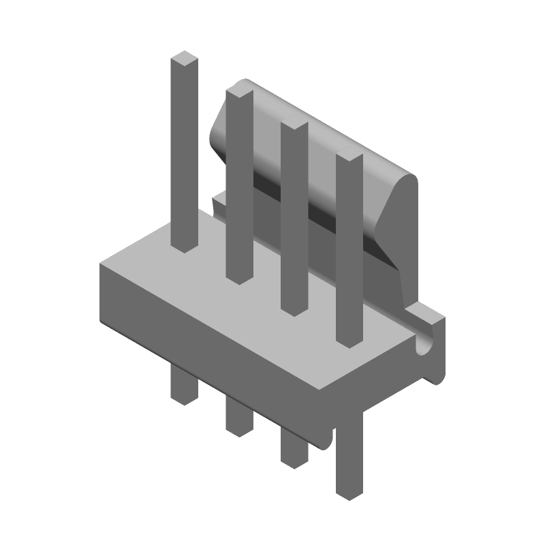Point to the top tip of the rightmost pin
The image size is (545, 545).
click(x=349, y=157)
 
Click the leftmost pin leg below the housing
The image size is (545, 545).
click(x=183, y=387)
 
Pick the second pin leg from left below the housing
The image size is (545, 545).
click(x=238, y=417)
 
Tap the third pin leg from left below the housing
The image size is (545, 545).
click(x=294, y=449)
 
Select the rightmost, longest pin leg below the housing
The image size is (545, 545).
click(x=349, y=463)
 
